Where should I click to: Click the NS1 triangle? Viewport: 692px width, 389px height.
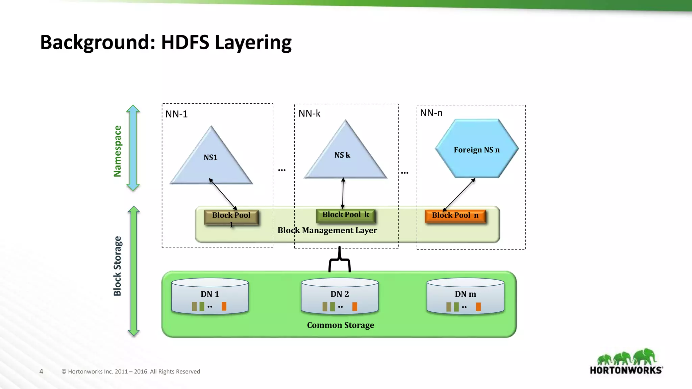pyautogui.click(x=211, y=162)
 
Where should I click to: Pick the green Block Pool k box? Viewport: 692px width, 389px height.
pyautogui.click(x=345, y=215)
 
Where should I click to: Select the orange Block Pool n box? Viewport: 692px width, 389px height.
pyautogui.click(x=455, y=216)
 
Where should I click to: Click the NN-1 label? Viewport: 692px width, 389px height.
pyautogui.click(x=176, y=114)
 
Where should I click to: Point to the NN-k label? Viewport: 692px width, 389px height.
pyautogui.click(x=309, y=113)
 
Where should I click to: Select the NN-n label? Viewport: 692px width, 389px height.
pyautogui.click(x=431, y=113)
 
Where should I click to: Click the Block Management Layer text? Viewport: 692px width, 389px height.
pyautogui.click(x=327, y=230)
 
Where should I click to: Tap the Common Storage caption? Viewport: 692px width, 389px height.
pyautogui.click(x=340, y=325)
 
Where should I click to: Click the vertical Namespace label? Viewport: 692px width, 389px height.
pyautogui.click(x=117, y=151)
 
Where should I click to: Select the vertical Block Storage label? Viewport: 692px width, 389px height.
pyautogui.click(x=117, y=266)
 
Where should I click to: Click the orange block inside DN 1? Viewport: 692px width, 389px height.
pyautogui.click(x=224, y=306)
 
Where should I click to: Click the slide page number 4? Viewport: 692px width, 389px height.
pyautogui.click(x=41, y=371)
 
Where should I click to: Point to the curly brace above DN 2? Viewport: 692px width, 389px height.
pyautogui.click(x=340, y=260)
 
